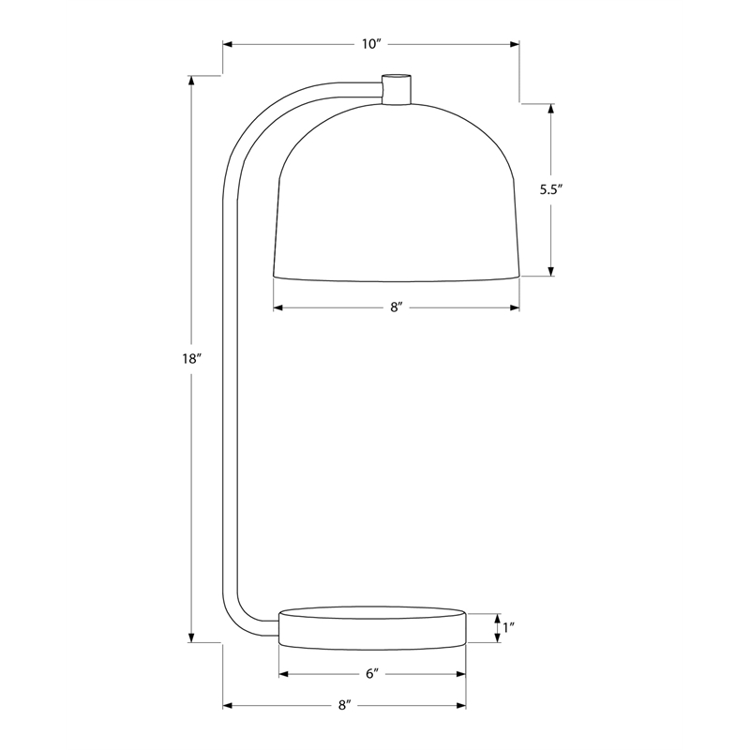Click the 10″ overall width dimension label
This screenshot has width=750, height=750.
click(371, 44)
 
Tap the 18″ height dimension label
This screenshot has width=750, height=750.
click(189, 359)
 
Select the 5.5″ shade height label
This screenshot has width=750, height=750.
click(551, 190)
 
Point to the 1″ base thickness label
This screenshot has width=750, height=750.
click(508, 627)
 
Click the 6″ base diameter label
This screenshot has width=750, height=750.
click(372, 674)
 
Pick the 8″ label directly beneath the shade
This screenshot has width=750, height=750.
click(397, 307)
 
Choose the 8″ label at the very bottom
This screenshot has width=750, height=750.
click(345, 705)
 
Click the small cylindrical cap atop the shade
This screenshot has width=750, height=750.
click(396, 89)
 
